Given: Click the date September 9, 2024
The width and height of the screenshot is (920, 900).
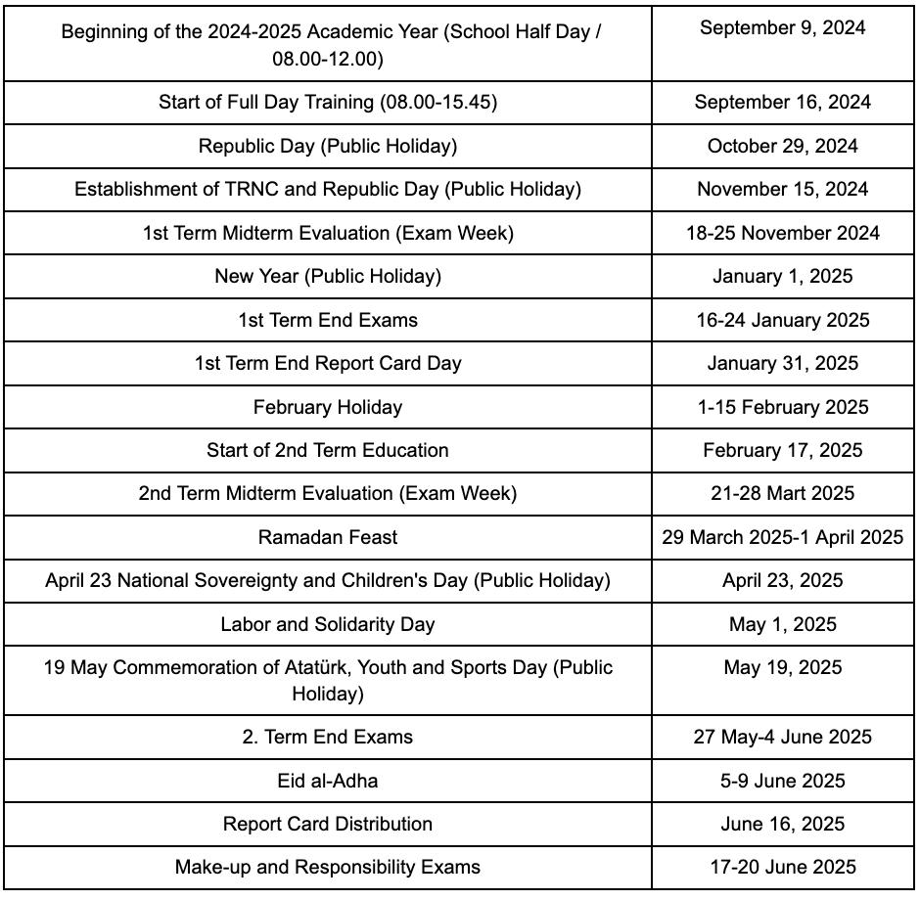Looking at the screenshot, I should (x=782, y=27).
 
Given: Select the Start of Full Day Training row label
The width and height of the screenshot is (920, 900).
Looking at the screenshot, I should (x=328, y=102).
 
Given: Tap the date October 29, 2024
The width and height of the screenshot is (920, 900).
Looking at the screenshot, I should (x=782, y=146).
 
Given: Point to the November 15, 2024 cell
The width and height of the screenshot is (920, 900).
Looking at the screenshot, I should (x=782, y=189).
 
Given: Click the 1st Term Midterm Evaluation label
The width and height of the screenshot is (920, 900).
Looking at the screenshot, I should (x=328, y=233).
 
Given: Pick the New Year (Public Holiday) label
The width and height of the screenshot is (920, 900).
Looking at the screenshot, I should (x=328, y=276).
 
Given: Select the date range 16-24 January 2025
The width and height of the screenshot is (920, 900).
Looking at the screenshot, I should (x=782, y=320).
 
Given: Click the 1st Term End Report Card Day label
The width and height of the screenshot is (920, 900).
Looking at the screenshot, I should (x=328, y=363).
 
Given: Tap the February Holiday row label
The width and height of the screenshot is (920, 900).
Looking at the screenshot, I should (x=328, y=407).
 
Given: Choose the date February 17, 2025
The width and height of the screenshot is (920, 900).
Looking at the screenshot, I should (x=782, y=450).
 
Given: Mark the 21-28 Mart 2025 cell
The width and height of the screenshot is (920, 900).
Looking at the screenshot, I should (x=782, y=493).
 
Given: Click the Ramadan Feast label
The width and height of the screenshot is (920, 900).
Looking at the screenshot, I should (x=328, y=537).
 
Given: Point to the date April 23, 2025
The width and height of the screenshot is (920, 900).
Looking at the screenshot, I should (x=782, y=580).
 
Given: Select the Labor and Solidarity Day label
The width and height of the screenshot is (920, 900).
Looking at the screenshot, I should (x=328, y=624).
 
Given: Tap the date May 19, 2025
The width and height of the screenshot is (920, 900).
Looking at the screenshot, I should (x=782, y=667).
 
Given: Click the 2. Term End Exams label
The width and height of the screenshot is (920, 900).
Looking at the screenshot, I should (x=328, y=737).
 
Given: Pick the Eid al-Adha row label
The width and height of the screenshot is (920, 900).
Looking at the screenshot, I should (x=328, y=781).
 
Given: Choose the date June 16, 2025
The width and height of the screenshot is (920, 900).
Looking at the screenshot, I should (x=782, y=824).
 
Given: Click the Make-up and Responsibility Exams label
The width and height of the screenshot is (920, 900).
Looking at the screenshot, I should (x=328, y=867).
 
